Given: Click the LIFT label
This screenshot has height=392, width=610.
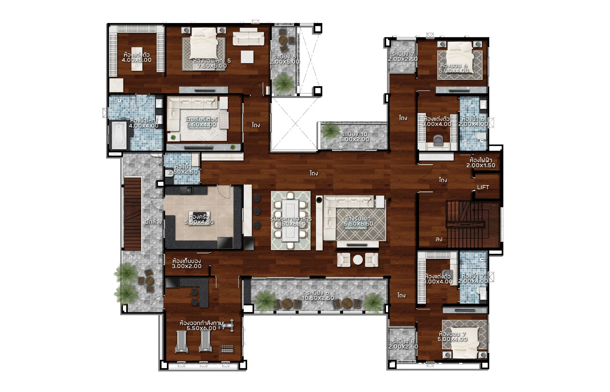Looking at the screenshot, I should pyautogui.click(x=483, y=187).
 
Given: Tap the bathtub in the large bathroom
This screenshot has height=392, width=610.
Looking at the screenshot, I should pyautogui.click(x=119, y=136).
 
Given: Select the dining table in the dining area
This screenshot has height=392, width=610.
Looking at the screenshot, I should pyautogui.click(x=291, y=221).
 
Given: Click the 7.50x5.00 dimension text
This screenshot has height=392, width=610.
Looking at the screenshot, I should pyautogui.click(x=212, y=66).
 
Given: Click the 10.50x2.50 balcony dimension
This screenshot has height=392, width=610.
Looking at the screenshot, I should pyautogui.click(x=317, y=298).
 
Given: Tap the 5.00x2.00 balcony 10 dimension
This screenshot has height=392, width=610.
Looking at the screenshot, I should pyautogui.click(x=354, y=139).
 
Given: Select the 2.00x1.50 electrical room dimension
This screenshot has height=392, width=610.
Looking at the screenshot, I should pyautogui.click(x=481, y=166).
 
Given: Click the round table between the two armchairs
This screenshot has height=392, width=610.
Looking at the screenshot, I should pyautogui.click(x=358, y=260).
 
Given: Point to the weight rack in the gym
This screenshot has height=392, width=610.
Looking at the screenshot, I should pyautogui.click(x=227, y=349).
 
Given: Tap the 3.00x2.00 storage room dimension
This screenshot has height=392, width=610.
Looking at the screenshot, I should pyautogui.click(x=187, y=266).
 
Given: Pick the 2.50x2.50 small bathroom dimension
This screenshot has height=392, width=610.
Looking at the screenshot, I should pyautogui.click(x=183, y=172).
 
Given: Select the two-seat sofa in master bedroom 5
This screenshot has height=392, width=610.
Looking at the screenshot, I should pyautogui.click(x=248, y=39).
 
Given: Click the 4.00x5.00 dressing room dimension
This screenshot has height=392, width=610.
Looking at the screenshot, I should pyautogui.click(x=136, y=60).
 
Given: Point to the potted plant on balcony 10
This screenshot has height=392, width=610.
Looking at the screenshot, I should pyautogui.click(x=329, y=131).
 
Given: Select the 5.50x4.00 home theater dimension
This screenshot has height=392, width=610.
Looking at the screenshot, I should pyautogui.click(x=201, y=125).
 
